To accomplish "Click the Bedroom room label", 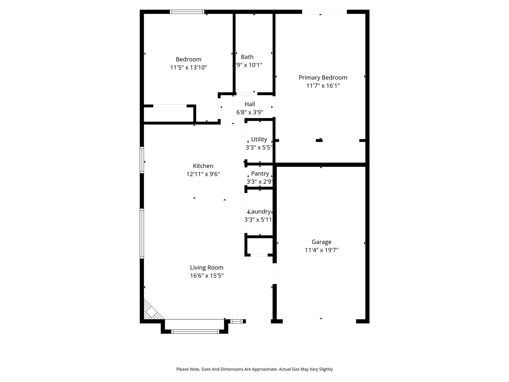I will pos(188,59).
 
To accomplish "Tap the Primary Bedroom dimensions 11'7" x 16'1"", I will pos(323,86).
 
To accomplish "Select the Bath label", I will pos(247,57).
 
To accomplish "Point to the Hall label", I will pos(250,104).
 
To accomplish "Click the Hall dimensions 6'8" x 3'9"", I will pos(250,112).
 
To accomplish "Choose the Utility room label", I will pos(259,139).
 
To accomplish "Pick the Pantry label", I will pos(260,173).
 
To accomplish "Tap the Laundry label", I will pos(259,212).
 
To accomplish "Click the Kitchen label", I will pos(203,166).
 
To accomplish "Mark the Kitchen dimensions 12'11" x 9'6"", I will pos(203,174).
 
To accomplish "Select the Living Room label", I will pos(207,267).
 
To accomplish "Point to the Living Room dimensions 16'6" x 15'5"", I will pos(207,275).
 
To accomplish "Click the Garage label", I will pos(321,242).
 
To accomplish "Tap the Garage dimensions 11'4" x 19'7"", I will pos(321,250).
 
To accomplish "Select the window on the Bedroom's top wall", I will pos(187,12).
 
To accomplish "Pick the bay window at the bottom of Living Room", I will pos(195,331).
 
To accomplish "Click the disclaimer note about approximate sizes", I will pos(254,369).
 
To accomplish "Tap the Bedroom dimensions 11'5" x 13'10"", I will pos(188,67).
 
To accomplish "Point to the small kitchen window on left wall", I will pos(142,160).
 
